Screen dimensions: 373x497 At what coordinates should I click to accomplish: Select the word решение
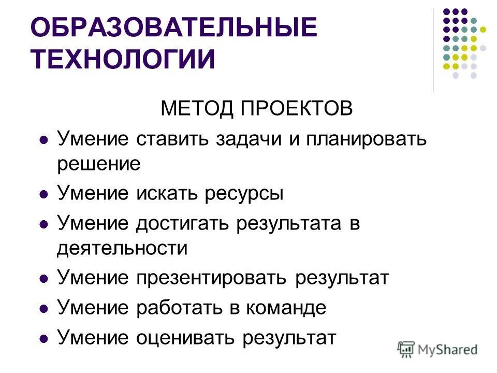pyautogui.click(x=99, y=164)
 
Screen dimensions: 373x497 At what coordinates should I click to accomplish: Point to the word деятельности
pyautogui.click(x=122, y=248)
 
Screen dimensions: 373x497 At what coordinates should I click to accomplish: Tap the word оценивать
pyautogui.click(x=184, y=338)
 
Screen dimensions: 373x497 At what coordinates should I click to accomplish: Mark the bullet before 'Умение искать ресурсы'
pyautogui.click(x=44, y=195)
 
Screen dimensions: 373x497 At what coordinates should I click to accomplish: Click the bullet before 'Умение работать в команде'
pyautogui.click(x=44, y=309)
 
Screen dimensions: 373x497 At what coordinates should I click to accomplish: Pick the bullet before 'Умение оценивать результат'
pyautogui.click(x=44, y=339)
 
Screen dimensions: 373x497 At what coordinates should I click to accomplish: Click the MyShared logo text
pyautogui.click(x=448, y=349)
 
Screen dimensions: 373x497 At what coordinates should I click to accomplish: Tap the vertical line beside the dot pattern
pyautogui.click(x=433, y=50)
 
